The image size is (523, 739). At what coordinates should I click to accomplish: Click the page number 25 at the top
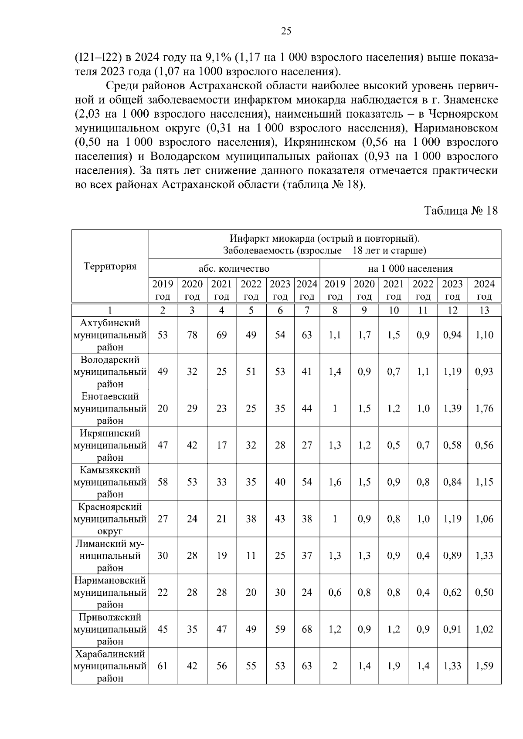pos(286,31)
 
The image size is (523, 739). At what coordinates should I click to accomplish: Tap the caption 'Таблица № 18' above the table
pos(461,211)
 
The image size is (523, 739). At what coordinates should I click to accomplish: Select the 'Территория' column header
pos(110,266)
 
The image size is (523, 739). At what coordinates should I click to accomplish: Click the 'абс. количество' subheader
pos(234,269)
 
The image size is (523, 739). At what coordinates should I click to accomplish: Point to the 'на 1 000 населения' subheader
pos(410,269)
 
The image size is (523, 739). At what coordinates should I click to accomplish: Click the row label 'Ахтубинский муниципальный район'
pos(110,335)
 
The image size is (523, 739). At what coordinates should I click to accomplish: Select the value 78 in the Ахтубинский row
pos(192,335)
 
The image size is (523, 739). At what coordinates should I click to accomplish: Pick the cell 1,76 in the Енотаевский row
pos(484,408)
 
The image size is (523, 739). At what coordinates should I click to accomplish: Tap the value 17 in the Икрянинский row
pos(221,445)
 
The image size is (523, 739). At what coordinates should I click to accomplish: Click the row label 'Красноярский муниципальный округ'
pos(110,519)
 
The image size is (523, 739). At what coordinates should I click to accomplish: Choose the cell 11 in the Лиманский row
pos(251,556)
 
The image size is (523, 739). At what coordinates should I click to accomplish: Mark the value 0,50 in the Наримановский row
pos(484,593)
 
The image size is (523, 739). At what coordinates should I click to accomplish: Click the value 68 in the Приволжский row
pos(307,629)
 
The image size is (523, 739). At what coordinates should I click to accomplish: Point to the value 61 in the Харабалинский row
pos(163,666)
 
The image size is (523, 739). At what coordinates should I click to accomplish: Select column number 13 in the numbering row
pos(484,310)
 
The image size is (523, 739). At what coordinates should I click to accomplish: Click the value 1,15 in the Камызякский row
pos(484,482)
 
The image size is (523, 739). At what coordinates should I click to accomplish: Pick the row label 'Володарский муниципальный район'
pos(110,372)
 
